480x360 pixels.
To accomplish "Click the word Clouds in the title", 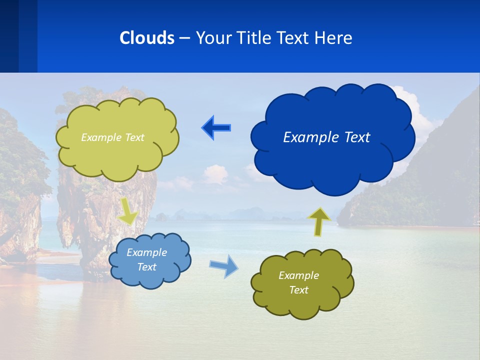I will click(x=146, y=38).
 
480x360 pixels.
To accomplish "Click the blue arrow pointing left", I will click(x=216, y=128).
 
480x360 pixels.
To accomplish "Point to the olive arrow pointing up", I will click(x=318, y=221).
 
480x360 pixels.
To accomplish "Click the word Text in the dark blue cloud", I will click(x=356, y=137).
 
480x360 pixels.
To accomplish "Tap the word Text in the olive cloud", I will click(x=298, y=290).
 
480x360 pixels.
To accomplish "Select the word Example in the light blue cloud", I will click(x=146, y=252).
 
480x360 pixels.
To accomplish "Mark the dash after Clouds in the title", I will click(x=184, y=38).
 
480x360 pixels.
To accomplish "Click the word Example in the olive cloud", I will click(x=298, y=275).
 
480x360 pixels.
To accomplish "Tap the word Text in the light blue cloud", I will click(x=146, y=267).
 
